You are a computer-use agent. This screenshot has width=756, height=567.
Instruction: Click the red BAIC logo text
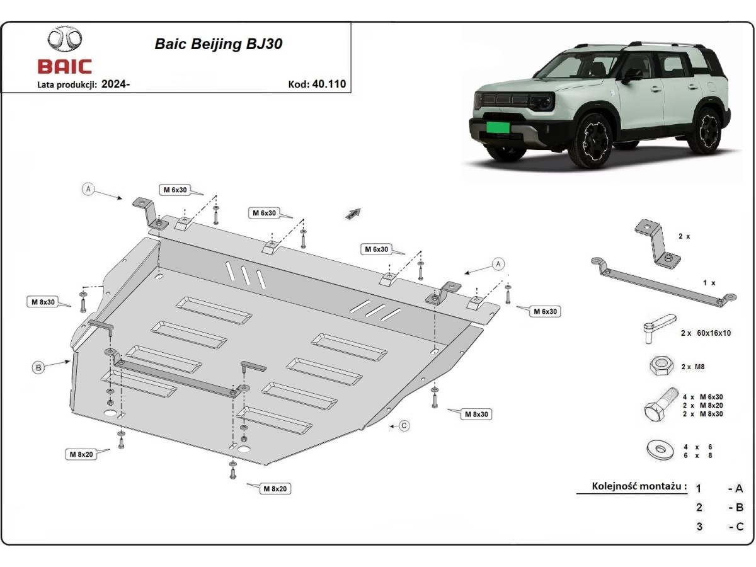[65, 67]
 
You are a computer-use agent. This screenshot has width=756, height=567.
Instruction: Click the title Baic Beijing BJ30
[219, 44]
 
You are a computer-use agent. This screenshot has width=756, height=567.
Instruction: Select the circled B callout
[39, 368]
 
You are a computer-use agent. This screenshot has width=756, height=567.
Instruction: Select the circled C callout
[404, 426]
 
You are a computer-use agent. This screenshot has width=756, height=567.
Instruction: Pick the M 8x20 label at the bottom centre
[276, 488]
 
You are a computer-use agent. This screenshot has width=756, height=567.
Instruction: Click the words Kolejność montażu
[638, 486]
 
